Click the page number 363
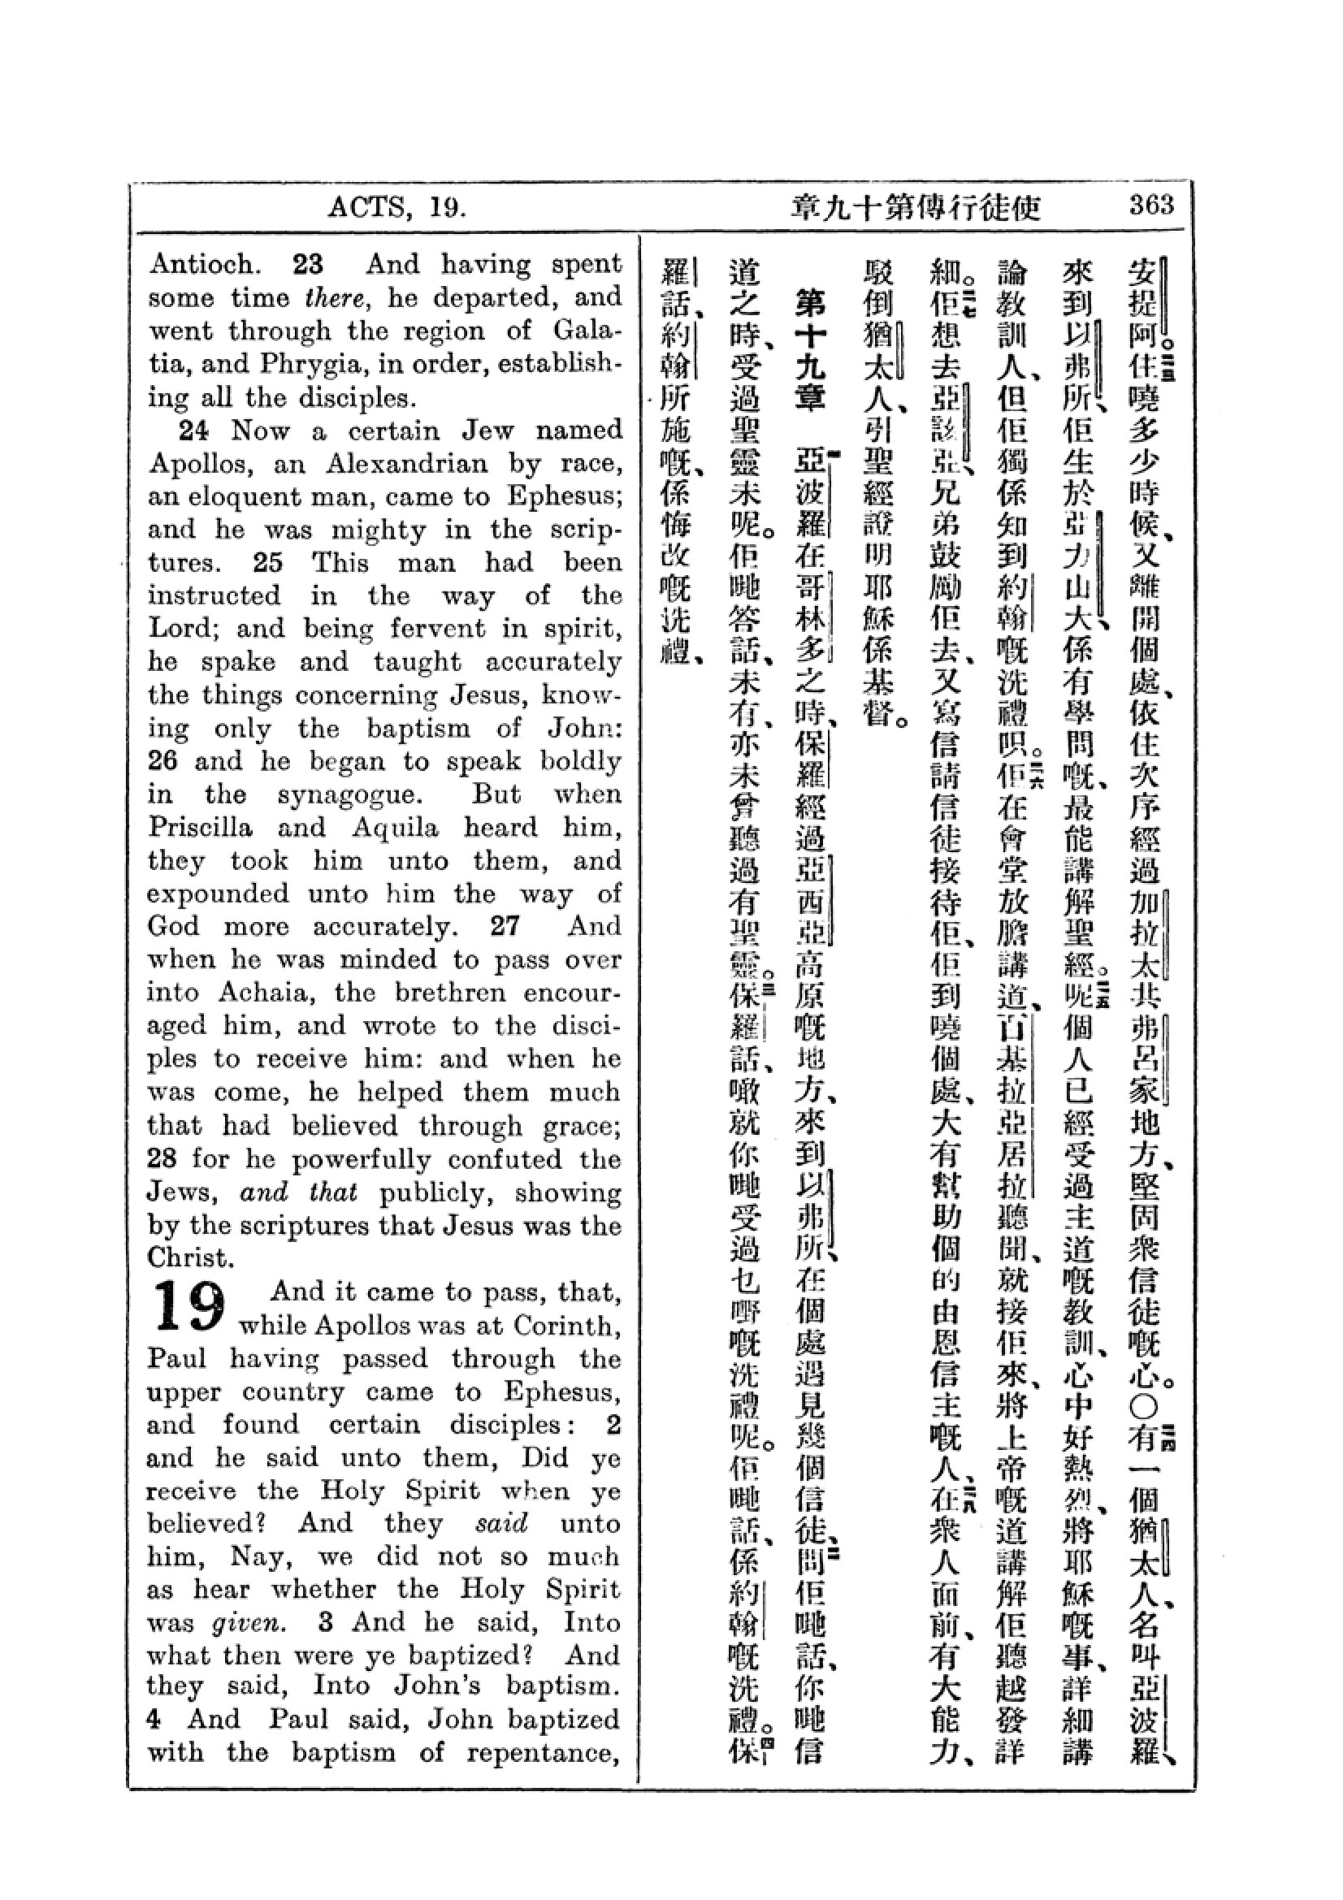1151,205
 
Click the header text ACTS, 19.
397,206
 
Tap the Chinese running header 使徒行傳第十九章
915,207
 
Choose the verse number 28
162,1158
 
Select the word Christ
189,1257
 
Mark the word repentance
544,1753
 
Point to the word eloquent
252,496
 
